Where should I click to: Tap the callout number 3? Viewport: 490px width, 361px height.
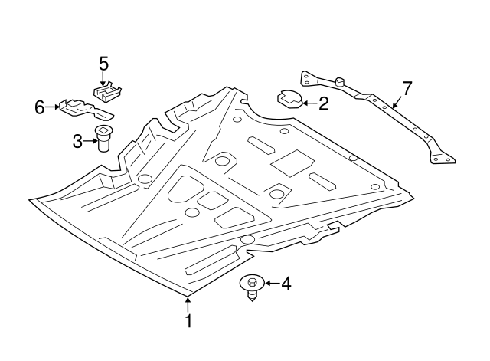pos(77,140)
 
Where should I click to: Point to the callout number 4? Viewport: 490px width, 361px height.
pos(286,284)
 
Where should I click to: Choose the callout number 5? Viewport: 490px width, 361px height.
pos(104,62)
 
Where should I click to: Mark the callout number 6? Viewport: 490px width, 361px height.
pos(40,107)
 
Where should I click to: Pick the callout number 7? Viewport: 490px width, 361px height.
pos(407,88)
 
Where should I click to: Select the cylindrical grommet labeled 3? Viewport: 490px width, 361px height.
pos(103,139)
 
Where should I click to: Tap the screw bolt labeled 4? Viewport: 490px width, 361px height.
pos(251,285)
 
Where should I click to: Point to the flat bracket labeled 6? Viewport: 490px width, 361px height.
pos(75,107)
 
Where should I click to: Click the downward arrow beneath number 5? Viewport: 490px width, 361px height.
pos(104,77)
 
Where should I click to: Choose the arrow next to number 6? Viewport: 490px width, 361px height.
pos(53,107)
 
